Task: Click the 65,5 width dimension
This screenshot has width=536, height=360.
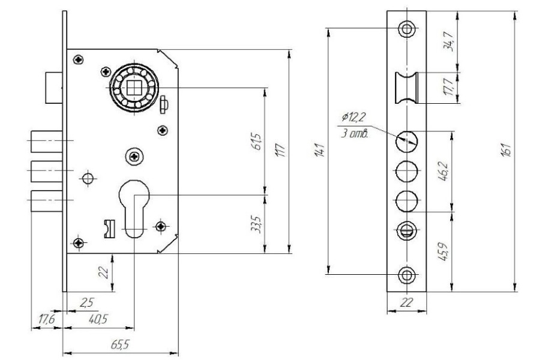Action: tap(120, 344)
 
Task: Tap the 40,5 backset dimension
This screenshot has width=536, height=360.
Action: tap(98, 319)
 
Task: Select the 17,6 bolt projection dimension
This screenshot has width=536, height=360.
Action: tap(46, 319)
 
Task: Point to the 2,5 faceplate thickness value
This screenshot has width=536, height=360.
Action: tap(86, 302)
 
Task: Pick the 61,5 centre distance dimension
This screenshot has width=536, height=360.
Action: tap(257, 142)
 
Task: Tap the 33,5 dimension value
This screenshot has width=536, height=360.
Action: tap(257, 224)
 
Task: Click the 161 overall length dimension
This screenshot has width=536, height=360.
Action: tap(507, 149)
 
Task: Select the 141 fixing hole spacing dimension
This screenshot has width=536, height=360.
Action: tap(319, 150)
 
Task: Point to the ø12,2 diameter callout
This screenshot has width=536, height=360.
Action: tap(354, 117)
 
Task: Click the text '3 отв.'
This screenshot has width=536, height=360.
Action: tap(355, 133)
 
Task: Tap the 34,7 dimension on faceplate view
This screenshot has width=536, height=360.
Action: tap(448, 41)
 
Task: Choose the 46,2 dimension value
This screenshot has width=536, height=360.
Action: tap(444, 171)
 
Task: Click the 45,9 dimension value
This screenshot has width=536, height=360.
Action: tap(444, 251)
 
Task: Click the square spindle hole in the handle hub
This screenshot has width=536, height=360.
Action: tap(134, 88)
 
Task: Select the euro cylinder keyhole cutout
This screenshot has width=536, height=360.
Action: tap(134, 208)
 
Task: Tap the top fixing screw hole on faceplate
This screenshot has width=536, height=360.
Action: tap(407, 28)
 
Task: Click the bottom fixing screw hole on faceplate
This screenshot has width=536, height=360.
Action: tap(407, 275)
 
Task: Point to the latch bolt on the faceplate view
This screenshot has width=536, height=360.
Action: tap(407, 88)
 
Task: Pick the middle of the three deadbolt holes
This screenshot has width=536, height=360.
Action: tap(407, 171)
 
